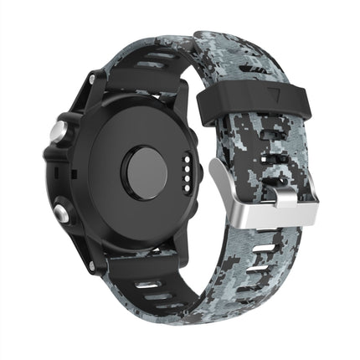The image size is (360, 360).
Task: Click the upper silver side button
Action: tap(59, 131)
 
